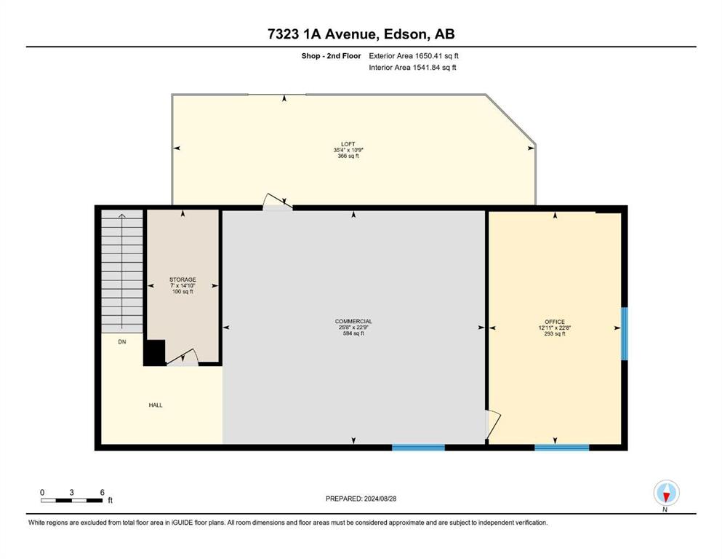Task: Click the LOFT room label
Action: click(x=348, y=144)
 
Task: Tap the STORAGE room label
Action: click(x=182, y=279)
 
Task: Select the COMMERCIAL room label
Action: click(x=353, y=321)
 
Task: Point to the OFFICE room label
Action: click(x=554, y=322)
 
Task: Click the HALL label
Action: click(x=156, y=405)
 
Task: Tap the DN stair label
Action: click(x=122, y=341)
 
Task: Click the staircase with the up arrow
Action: click(x=122, y=271)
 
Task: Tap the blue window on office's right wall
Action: click(x=625, y=333)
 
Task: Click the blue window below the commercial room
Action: click(x=418, y=447)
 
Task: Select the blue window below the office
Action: click(x=562, y=447)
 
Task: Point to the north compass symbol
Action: click(x=666, y=493)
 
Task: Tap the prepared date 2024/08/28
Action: click(x=380, y=499)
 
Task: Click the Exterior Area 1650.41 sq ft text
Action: click(x=414, y=56)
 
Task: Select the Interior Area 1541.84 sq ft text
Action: click(x=412, y=67)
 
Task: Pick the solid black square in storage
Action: click(x=154, y=352)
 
